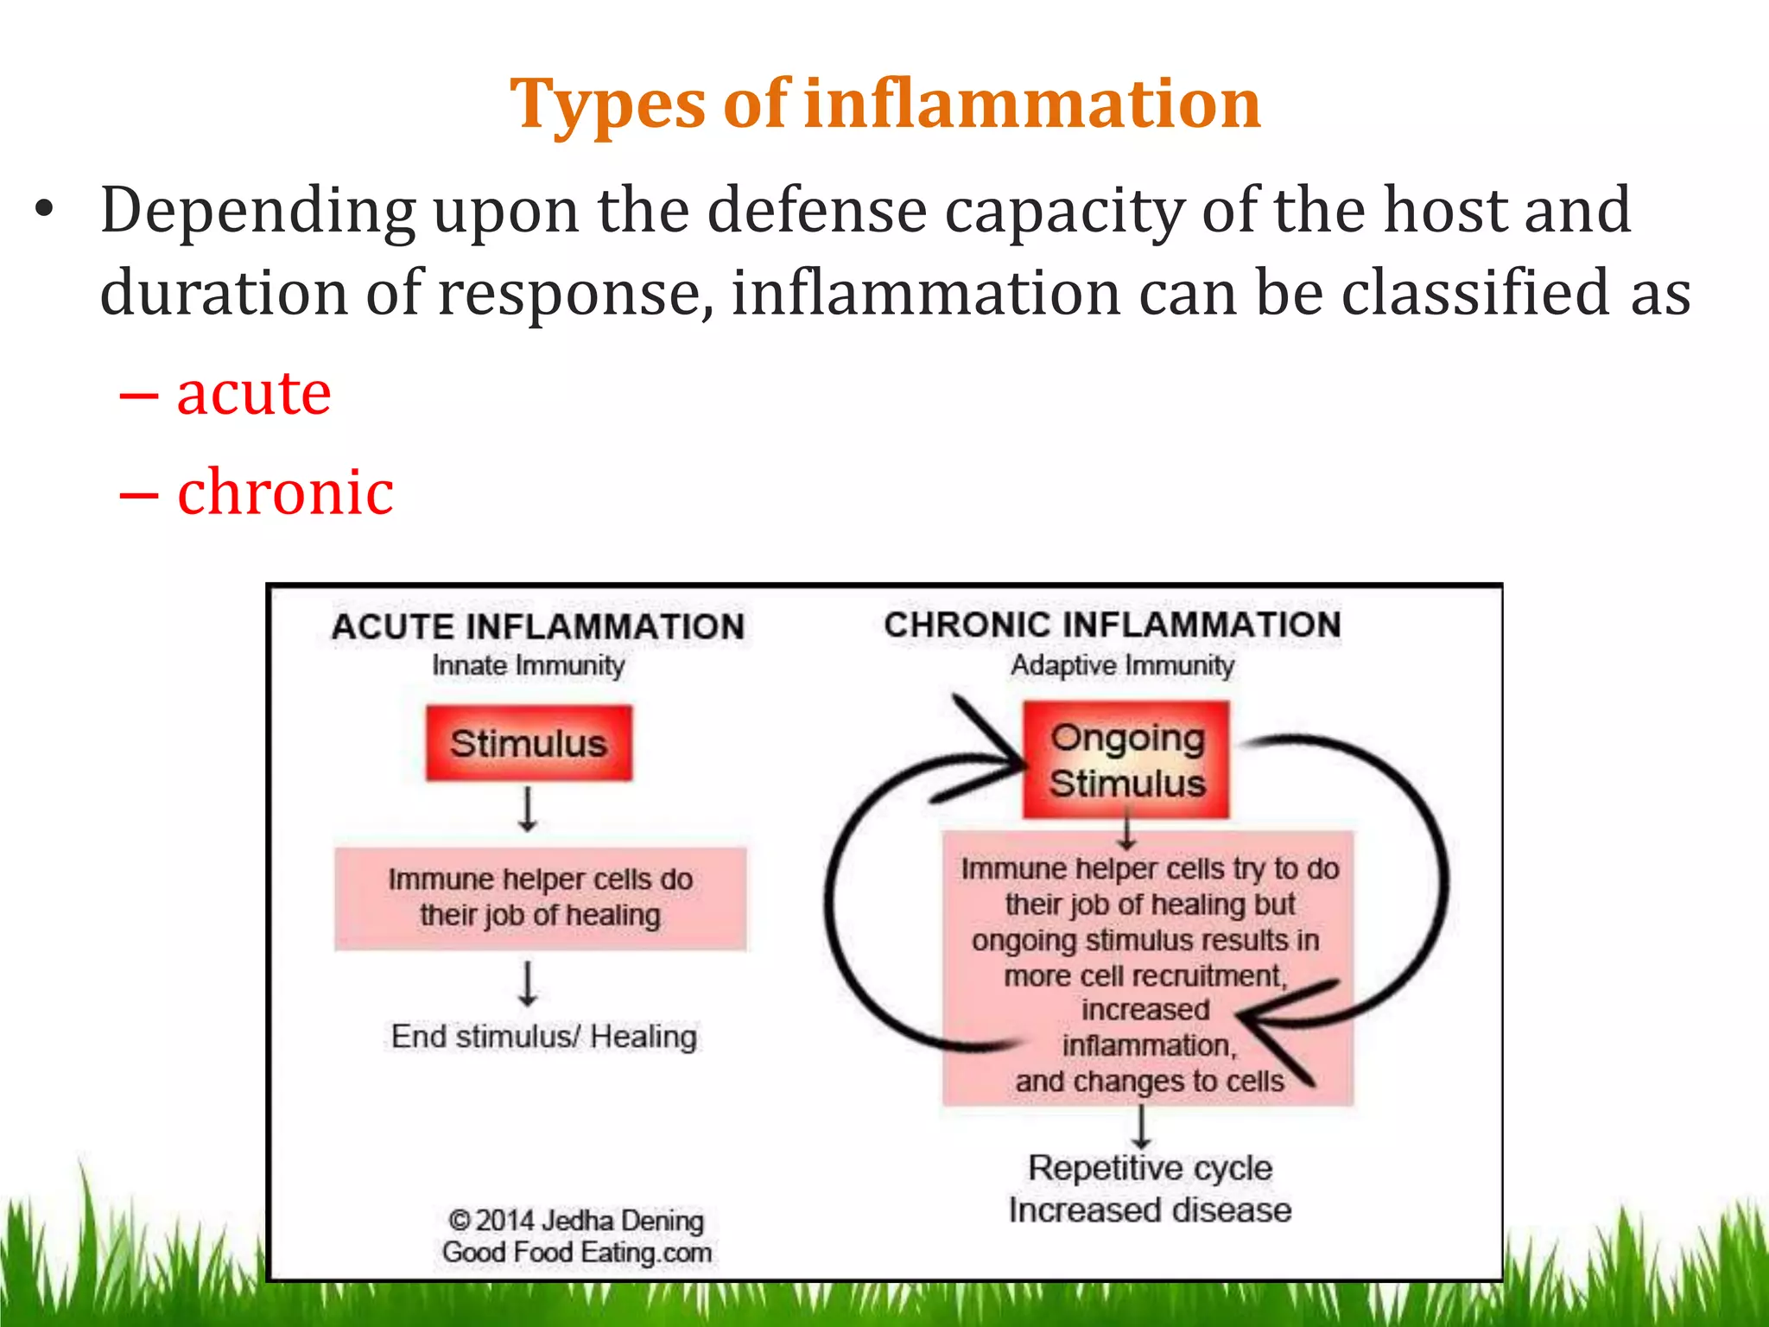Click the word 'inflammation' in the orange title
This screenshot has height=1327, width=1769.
tap(1032, 104)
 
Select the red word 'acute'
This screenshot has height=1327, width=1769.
tap(253, 393)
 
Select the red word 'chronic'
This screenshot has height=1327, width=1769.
tap(285, 492)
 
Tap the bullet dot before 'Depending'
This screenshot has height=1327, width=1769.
tap(44, 210)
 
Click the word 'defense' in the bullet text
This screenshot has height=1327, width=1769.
tap(816, 210)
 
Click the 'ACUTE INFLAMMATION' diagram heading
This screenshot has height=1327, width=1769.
tap(537, 626)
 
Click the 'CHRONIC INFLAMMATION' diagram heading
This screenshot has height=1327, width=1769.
tap(1113, 625)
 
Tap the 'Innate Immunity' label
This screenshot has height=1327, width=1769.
tap(528, 665)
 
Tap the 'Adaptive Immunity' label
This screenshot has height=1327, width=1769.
tap(1122, 665)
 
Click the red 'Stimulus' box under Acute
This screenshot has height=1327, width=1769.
tap(529, 743)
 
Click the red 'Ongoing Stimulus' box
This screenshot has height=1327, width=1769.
tap(1126, 760)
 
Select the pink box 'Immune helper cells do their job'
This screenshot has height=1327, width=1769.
tap(540, 898)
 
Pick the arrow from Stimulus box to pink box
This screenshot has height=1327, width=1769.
tap(528, 809)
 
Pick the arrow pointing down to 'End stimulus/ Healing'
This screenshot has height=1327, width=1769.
tap(528, 984)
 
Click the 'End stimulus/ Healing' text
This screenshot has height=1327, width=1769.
tap(543, 1036)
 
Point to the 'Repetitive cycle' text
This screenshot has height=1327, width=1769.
tap(1150, 1168)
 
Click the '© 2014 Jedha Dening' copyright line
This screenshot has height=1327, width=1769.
tap(576, 1220)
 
